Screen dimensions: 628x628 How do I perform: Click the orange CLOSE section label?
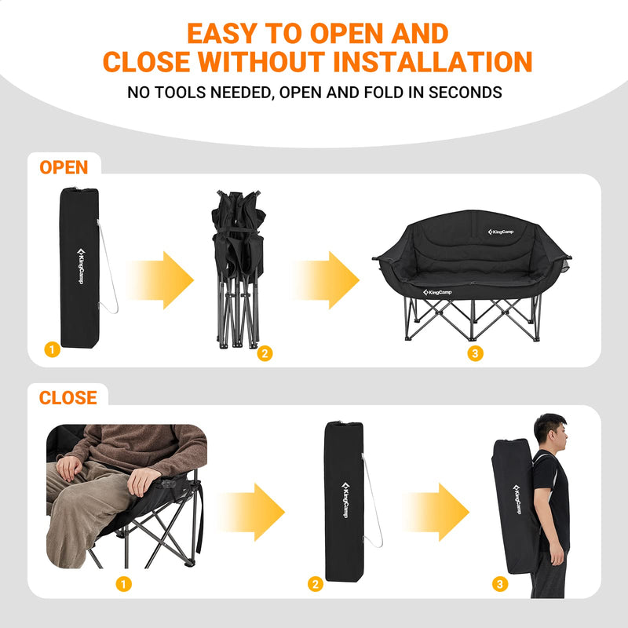[x=68, y=398]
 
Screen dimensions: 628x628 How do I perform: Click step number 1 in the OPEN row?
[x=53, y=350]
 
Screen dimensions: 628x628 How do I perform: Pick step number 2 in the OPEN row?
[x=265, y=354]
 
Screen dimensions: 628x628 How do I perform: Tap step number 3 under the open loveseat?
[x=474, y=354]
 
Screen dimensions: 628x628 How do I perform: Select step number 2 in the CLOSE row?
[x=316, y=583]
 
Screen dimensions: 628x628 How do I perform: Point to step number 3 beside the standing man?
[x=500, y=583]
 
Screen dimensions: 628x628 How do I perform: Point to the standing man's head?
[x=549, y=431]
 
